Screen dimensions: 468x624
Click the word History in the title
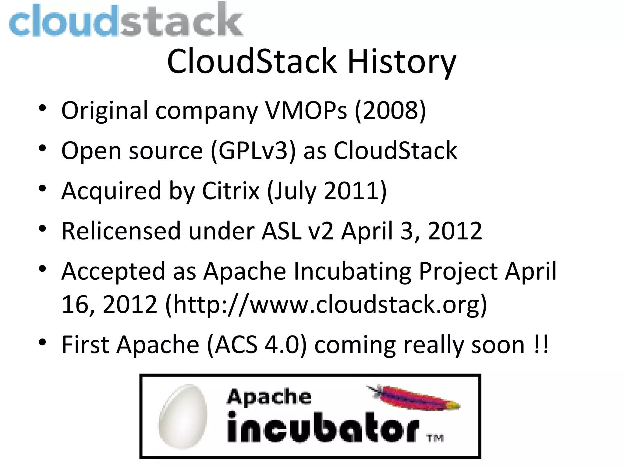(402, 62)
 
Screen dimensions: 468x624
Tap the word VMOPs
(306, 110)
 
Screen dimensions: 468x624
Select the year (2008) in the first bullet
(390, 110)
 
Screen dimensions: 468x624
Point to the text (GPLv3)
(253, 151)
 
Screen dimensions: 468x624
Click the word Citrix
(231, 191)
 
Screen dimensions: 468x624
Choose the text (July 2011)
(327, 191)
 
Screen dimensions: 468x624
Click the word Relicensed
(121, 231)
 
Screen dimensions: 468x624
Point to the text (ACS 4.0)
(257, 345)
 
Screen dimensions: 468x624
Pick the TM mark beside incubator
(435, 438)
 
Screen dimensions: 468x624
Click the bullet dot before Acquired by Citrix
(42, 189)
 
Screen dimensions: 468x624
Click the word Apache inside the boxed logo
(269, 397)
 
